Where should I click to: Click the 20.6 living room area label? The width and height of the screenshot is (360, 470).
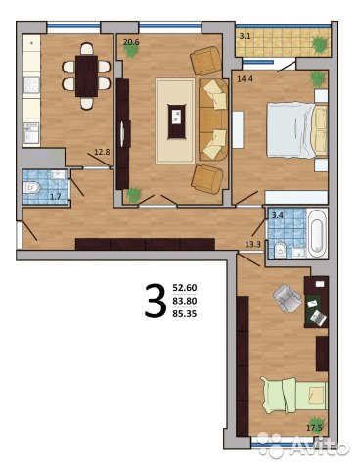coord(130,42)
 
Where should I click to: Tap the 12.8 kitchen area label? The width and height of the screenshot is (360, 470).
coord(102,152)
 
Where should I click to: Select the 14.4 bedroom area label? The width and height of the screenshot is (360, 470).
coord(246,78)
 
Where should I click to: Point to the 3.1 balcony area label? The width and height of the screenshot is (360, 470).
coord(245,36)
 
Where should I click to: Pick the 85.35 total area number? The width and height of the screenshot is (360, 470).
coord(185,315)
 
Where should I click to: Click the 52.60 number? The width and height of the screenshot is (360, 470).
coord(185,288)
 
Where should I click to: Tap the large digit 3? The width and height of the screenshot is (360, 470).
coord(156,301)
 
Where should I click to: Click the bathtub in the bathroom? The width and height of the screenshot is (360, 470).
coord(317,233)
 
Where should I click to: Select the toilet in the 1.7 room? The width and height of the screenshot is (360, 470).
coord(31,188)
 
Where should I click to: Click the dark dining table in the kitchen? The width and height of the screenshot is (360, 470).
coord(86,76)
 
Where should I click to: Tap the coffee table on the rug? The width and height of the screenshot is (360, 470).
coord(176,120)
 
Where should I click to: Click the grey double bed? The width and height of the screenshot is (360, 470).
coord(296,129)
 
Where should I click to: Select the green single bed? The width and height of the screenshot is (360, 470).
coord(293,395)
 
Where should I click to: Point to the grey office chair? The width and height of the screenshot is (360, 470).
coord(288,299)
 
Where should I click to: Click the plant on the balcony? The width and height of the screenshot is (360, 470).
coord(320,45)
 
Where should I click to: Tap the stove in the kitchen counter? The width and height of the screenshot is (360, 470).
coord(31,85)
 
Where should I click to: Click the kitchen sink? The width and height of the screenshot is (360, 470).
coord(31,133)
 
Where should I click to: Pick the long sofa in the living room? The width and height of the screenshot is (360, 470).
coord(213,119)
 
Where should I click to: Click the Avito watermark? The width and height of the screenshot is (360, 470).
coord(304,445)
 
